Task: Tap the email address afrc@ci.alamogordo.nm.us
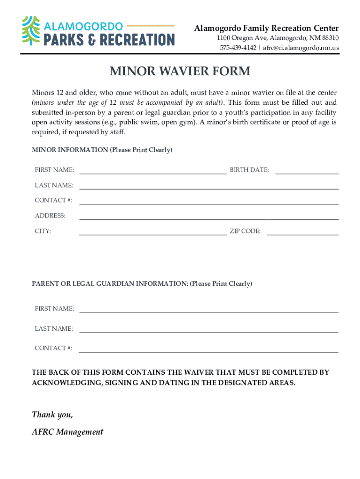click(x=301, y=48)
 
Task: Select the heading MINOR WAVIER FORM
click(x=180, y=72)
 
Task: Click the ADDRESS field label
click(x=50, y=216)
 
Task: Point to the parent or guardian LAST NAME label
click(x=54, y=328)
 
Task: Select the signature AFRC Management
click(x=67, y=432)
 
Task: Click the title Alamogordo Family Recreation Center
click(x=266, y=28)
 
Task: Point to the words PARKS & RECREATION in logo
click(x=109, y=39)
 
